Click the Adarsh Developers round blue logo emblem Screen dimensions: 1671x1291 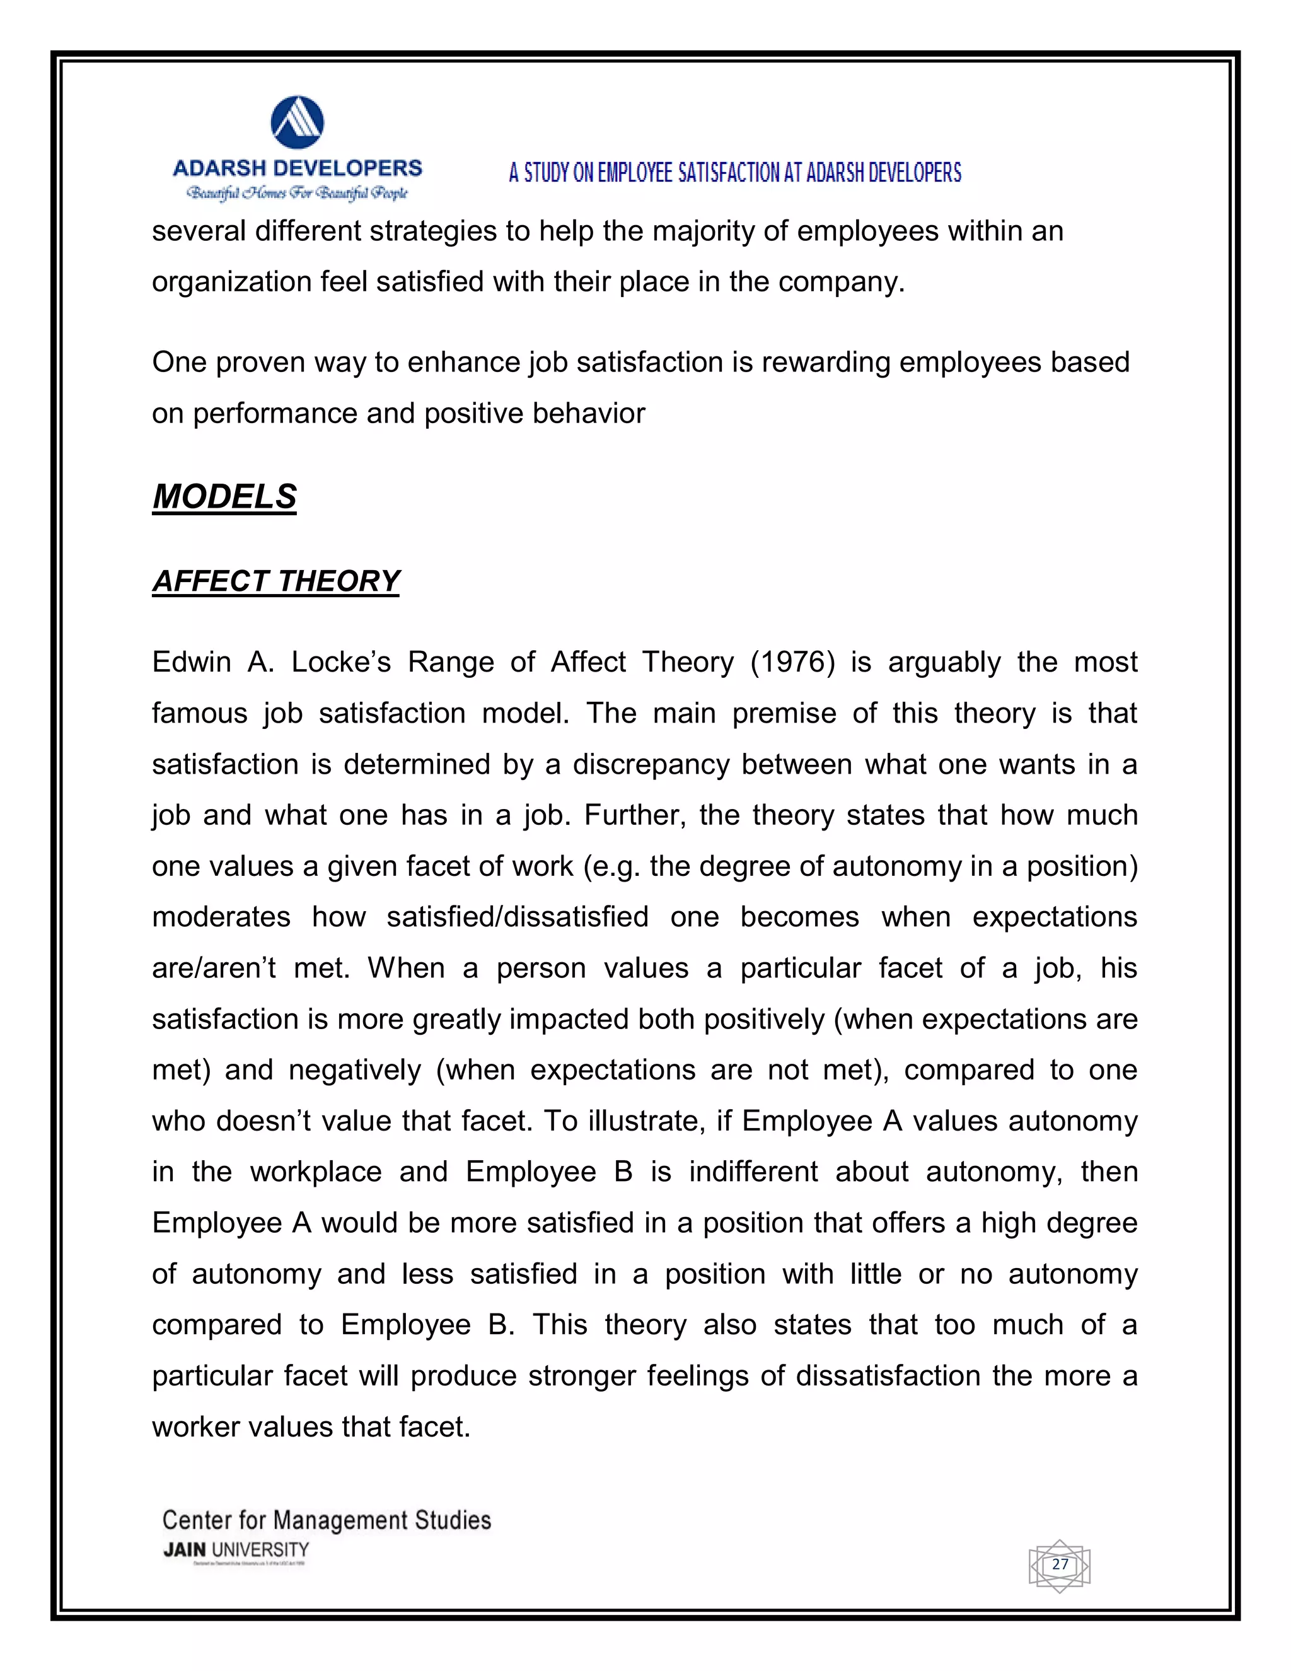(298, 122)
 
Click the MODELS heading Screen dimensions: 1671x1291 (224, 496)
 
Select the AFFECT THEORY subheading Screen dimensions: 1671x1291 (275, 581)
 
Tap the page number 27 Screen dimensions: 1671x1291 (1059, 1564)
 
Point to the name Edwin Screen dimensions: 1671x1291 (191, 662)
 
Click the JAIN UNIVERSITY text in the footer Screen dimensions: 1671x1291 (236, 1550)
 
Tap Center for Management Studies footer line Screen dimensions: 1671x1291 (327, 1520)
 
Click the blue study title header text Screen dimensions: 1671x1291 (735, 173)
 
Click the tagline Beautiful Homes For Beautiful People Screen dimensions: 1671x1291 (297, 193)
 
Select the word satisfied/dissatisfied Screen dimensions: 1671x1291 (518, 917)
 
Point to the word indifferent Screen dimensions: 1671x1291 (753, 1172)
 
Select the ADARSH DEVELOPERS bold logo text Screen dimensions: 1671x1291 (298, 168)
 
